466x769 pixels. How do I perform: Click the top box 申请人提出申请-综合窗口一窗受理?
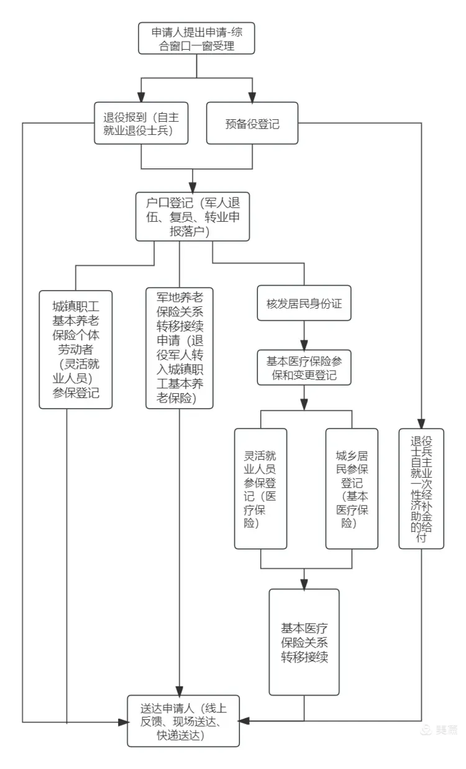pos(196,39)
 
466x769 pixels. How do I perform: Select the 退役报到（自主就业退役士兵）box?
pos(141,124)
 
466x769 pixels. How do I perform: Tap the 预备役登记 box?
pos(252,124)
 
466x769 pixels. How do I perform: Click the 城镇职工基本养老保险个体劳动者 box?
pos(76,349)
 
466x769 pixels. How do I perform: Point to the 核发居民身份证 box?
pos(304,305)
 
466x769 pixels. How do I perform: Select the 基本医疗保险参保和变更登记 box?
pos(304,368)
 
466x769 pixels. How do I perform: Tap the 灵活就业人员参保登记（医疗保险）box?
pos(260,488)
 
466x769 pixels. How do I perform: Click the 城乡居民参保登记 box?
pos(352,488)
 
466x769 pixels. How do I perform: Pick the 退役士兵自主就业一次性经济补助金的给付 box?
pos(421,488)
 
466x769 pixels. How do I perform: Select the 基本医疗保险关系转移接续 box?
pos(304,641)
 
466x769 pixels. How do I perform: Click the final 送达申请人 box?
pos(183,721)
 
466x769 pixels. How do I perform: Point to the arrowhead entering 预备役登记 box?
pos(252,97)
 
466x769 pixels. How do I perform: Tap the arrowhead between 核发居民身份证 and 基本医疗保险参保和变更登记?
pos(304,345)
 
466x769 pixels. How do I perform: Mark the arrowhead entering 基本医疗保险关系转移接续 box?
pos(304,584)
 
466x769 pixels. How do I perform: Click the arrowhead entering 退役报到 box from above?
pos(141,97)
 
